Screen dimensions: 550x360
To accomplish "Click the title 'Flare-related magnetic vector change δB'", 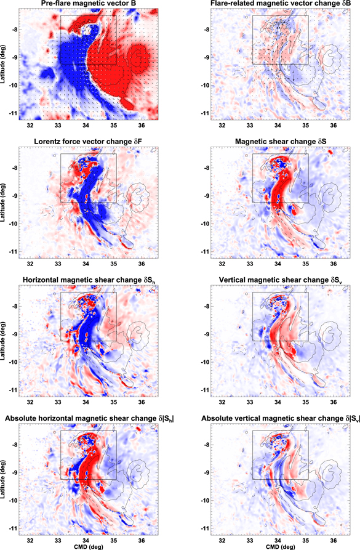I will tap(276, 4).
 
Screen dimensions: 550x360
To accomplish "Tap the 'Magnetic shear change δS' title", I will tap(276, 143).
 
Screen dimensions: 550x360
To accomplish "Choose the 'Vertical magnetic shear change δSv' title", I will tap(276, 282).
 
